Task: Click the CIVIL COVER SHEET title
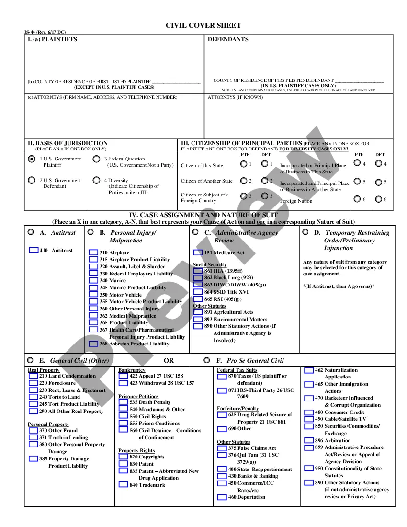(x=203, y=25)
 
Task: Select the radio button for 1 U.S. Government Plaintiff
(x=32, y=159)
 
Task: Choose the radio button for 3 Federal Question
(x=96, y=159)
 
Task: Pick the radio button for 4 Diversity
(x=96, y=181)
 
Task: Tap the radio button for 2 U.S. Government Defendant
(x=32, y=181)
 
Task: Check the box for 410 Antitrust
(x=34, y=250)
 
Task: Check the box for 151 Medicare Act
(x=198, y=252)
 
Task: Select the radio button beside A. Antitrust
(x=31, y=232)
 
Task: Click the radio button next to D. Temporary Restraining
(x=305, y=232)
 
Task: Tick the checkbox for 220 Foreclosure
(x=33, y=383)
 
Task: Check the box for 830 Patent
(x=123, y=464)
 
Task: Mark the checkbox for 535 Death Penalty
(x=123, y=402)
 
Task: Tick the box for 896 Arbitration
(x=309, y=440)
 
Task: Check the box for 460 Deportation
(x=222, y=497)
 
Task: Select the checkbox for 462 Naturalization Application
(x=309, y=370)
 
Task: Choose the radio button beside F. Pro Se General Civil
(x=207, y=360)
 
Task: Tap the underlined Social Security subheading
(x=210, y=264)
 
